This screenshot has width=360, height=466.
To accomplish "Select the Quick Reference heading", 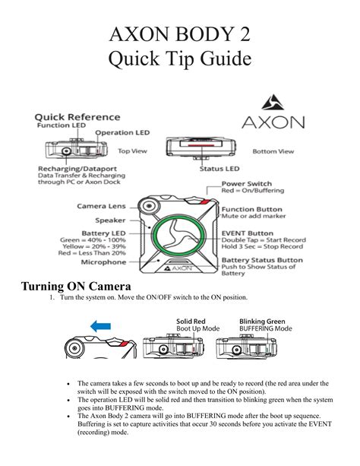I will click(77, 117).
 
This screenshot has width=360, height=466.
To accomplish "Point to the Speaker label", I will click(112, 221).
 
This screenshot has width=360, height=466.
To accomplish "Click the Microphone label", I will click(103, 262).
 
